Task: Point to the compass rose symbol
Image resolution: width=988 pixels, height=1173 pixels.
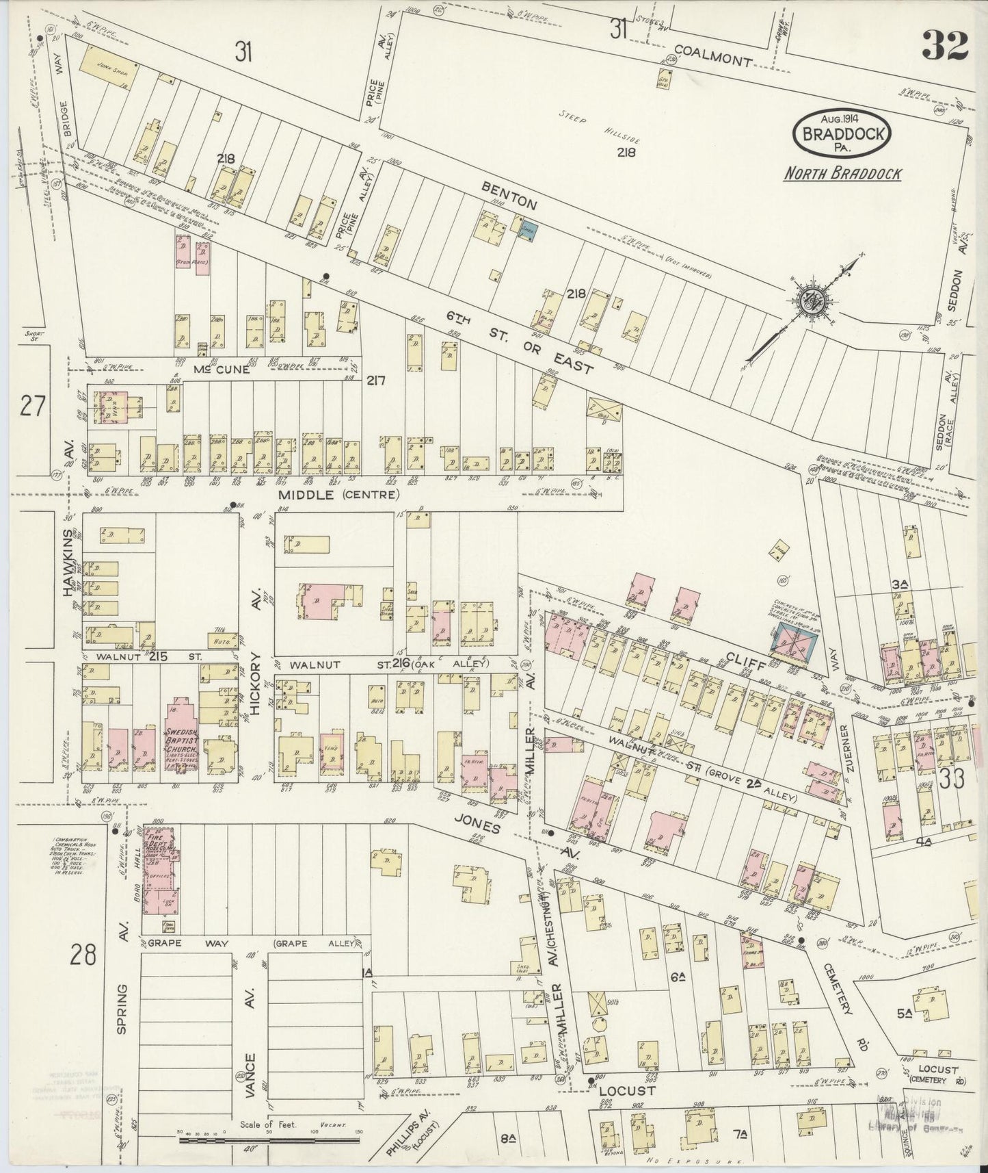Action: [814, 300]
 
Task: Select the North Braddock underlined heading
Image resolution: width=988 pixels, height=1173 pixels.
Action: [842, 174]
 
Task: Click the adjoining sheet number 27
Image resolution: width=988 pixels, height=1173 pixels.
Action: [32, 407]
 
